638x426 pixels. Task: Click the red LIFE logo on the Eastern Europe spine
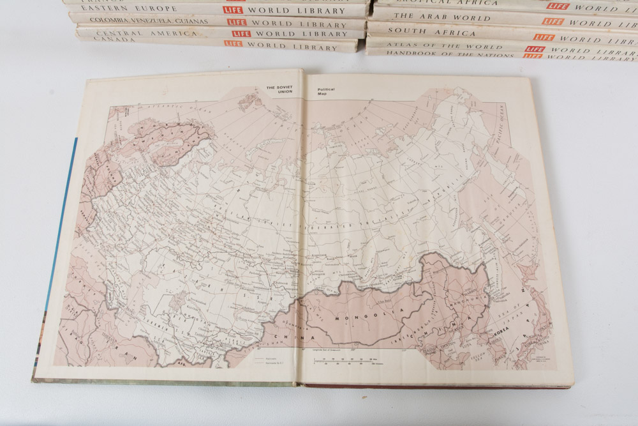(x=234, y=10)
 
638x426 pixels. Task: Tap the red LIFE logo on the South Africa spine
(x=544, y=36)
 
